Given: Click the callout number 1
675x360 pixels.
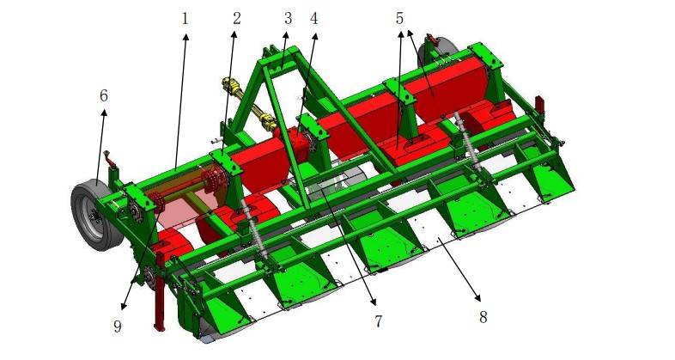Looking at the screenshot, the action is click(185, 19).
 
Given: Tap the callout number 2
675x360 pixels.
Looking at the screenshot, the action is click(236, 19).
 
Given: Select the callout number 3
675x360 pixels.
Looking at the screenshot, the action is click(288, 19).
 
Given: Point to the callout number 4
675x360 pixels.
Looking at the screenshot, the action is click(313, 19).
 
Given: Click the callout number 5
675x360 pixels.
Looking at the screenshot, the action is click(399, 19).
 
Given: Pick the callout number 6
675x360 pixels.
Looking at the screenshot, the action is click(103, 95).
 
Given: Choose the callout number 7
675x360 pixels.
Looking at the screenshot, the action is click(378, 320).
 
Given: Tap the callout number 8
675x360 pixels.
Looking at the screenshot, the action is click(483, 317).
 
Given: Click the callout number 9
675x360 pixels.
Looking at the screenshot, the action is click(118, 326).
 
